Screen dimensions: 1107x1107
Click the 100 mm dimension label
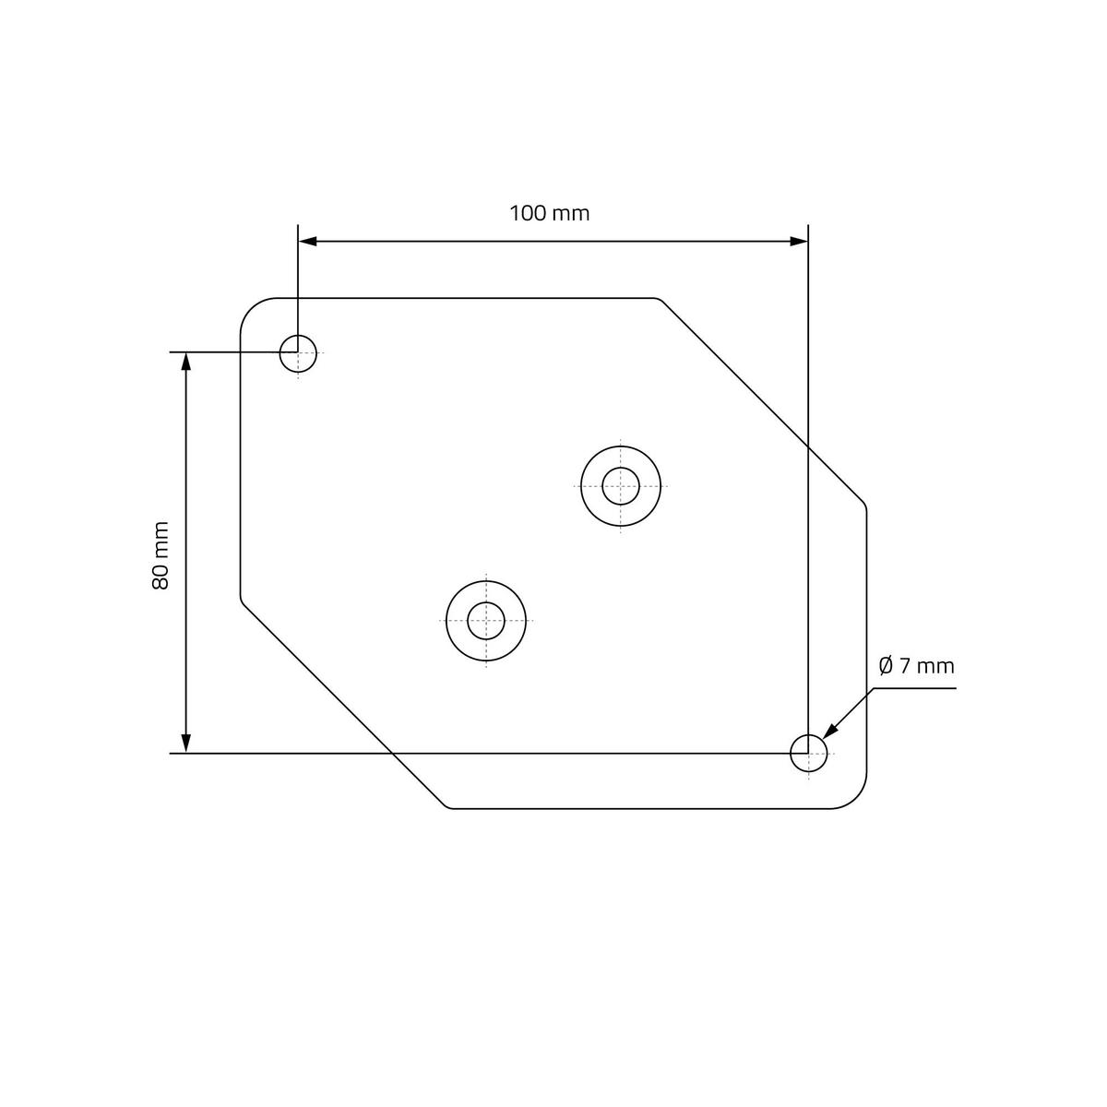point(549,214)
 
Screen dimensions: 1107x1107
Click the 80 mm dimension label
point(161,555)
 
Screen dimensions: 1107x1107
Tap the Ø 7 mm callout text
point(916,666)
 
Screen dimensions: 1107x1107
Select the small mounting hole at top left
point(280,353)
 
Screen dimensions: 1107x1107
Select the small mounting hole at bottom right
point(791,753)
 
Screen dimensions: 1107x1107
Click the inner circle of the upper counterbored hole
point(602,486)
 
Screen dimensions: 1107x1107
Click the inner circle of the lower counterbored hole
point(468,621)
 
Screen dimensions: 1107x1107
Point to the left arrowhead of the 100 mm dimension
point(308,242)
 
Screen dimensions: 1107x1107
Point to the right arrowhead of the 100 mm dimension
point(799,242)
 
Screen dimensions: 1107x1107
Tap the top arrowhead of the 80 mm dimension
point(185,362)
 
